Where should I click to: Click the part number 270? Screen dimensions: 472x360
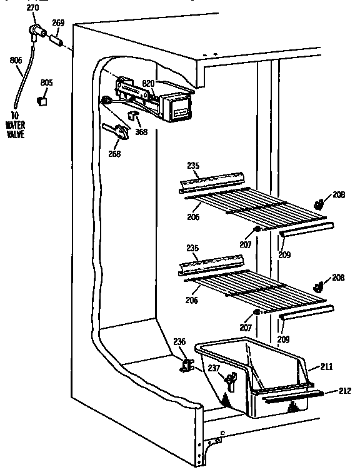[31, 7]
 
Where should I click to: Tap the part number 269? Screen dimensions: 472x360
[57, 23]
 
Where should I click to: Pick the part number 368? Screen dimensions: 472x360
[141, 132]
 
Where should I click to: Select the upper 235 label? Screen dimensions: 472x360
[193, 166]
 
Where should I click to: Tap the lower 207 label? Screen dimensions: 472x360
[245, 328]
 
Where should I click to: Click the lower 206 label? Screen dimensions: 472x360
[191, 301]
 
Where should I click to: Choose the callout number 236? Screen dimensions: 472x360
[179, 342]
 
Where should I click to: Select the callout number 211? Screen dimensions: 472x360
[327, 367]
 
